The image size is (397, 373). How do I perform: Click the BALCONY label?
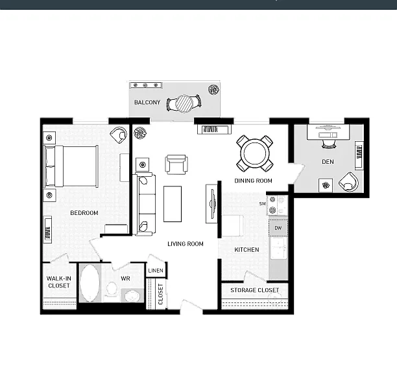tap(147, 102)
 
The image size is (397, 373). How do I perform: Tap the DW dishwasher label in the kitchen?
tap(278, 228)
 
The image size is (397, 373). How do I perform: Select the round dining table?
tap(255, 153)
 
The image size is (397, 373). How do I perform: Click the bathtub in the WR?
tap(90, 283)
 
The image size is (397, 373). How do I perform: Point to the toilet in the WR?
tap(112, 289)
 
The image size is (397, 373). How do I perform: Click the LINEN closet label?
tap(156, 271)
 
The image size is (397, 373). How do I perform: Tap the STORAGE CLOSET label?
tap(255, 290)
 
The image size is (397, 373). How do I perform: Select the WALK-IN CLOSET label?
tap(59, 282)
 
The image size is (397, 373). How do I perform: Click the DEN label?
tap(328, 162)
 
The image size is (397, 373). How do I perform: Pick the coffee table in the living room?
tap(173, 204)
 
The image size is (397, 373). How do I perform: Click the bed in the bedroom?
tap(71, 166)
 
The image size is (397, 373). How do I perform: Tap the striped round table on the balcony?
tap(184, 104)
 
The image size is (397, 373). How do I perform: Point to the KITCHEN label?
tap(247, 250)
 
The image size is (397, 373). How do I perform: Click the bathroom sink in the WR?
tap(132, 296)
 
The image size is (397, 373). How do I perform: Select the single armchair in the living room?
tap(176, 164)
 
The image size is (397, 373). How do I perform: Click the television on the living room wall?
tap(212, 204)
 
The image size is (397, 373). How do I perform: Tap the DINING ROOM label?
tap(253, 181)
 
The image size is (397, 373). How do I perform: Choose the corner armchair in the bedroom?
tap(119, 135)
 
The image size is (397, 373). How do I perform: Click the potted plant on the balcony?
tap(213, 89)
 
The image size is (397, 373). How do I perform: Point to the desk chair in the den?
tap(329, 144)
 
